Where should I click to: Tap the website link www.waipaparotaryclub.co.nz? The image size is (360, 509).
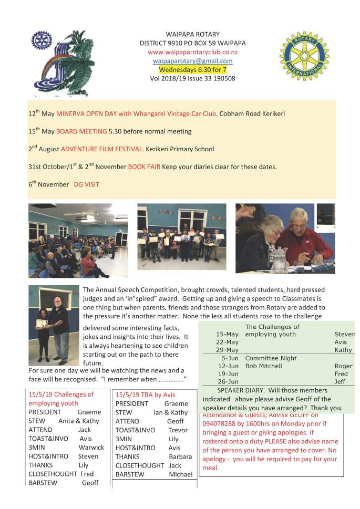tap(192, 52)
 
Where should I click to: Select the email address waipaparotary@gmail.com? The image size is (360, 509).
tap(192, 61)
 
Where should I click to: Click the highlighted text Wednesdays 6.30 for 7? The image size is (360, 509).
tap(192, 69)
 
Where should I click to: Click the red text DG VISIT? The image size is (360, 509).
tap(86, 184)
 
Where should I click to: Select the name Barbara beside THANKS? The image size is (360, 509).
tap(180, 456)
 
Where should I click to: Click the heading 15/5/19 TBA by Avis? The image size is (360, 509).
tap(145, 394)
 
